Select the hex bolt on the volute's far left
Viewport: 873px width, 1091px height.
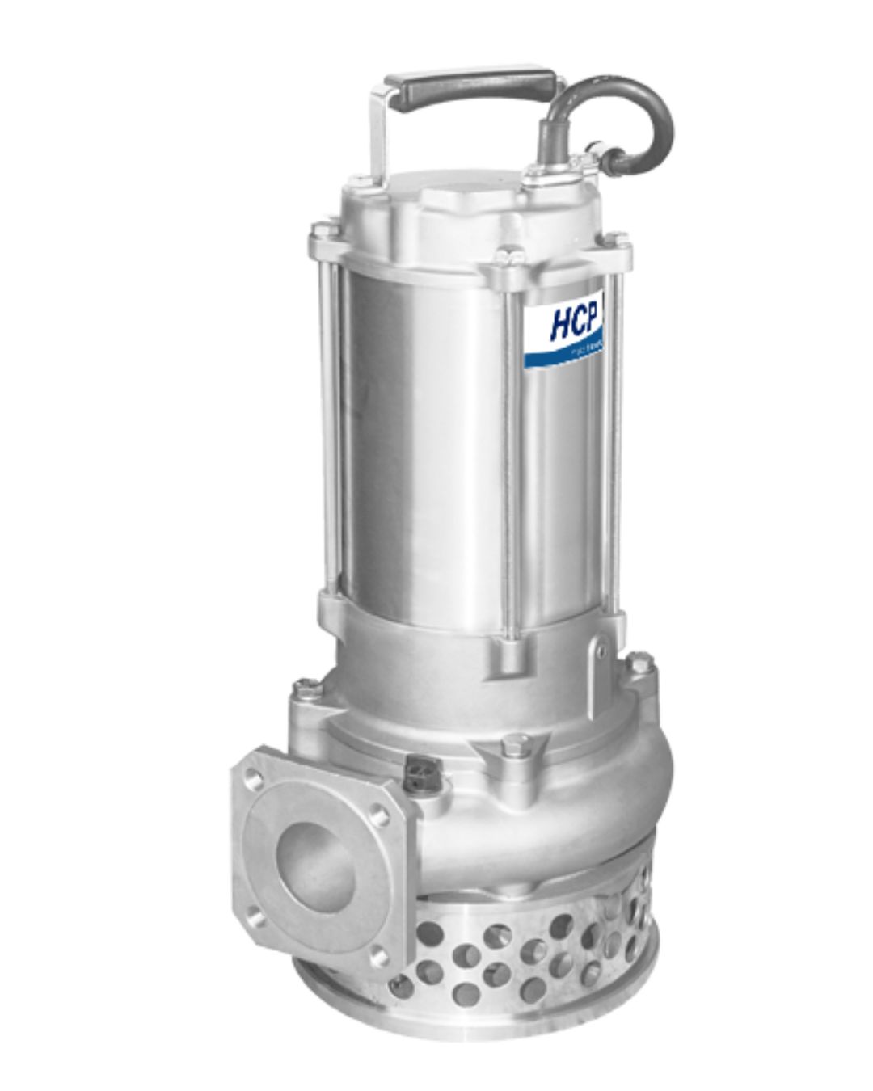(304, 689)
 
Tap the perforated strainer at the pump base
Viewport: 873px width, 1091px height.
(517, 962)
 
